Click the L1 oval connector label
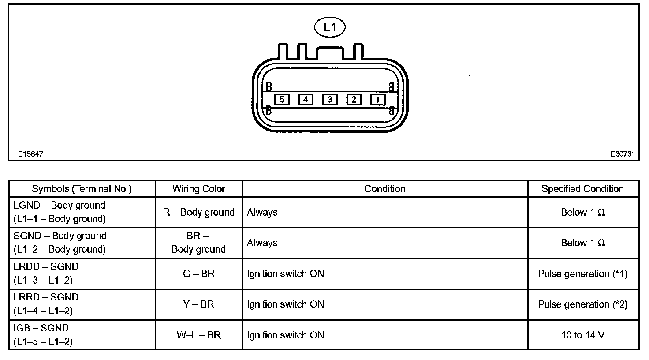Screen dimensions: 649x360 pos(329,27)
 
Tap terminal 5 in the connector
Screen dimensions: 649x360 pos(282,99)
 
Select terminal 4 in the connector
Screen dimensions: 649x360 pos(306,99)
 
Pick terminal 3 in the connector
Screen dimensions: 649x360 pos(329,99)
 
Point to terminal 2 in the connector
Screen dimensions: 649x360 pos(353,99)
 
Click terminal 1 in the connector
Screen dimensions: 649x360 pos(377,99)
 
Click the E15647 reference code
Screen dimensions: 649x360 pos(30,154)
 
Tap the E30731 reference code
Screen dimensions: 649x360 pos(623,154)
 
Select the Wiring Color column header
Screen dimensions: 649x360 pos(198,189)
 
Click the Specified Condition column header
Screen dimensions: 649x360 pos(582,189)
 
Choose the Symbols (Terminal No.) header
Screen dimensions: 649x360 pos(82,189)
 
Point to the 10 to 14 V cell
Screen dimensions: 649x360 pos(582,335)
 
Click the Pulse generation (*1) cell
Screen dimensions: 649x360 pos(582,274)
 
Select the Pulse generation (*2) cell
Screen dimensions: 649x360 pos(582,304)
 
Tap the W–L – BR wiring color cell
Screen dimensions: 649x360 pos(198,335)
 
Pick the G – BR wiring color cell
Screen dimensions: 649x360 pos(198,274)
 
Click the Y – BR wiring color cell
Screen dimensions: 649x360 pos(198,304)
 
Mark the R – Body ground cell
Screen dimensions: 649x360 pos(198,212)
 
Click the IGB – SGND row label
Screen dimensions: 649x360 pos(41,328)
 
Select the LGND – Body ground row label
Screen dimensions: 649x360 pos(60,206)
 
